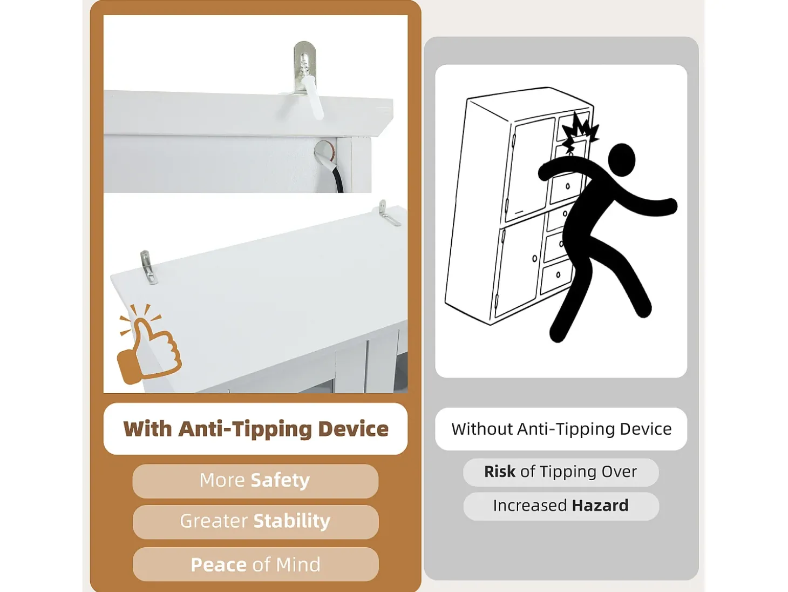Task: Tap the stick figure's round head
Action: (621, 160)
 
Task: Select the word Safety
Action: (280, 480)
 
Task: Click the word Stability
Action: (292, 521)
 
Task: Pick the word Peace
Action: (219, 564)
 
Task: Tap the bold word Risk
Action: (500, 472)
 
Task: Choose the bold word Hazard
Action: (600, 506)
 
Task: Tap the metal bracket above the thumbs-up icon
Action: (148, 267)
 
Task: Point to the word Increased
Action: (529, 506)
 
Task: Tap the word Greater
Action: (214, 521)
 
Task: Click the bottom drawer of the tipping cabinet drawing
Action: (557, 276)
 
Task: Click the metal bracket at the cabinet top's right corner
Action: (388, 213)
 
